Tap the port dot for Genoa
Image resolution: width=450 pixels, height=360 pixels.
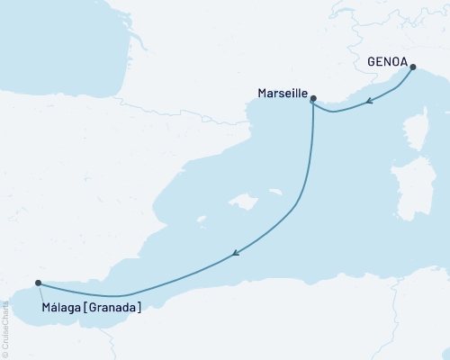pyautogui.click(x=413, y=67)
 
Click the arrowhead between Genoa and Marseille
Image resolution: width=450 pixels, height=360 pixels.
pyautogui.click(x=370, y=103)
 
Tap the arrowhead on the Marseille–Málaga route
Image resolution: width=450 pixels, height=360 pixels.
pyautogui.click(x=235, y=255)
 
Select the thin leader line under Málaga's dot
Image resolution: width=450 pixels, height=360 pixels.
pyautogui.click(x=40, y=292)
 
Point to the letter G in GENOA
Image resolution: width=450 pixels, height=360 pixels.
pyautogui.click(x=373, y=62)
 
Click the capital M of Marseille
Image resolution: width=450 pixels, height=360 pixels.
pyautogui.click(x=262, y=93)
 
